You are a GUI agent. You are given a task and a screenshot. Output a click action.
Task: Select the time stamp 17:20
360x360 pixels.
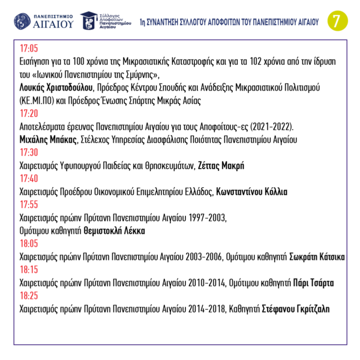[29, 113]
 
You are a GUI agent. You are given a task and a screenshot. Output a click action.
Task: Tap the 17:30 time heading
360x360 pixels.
[29, 152]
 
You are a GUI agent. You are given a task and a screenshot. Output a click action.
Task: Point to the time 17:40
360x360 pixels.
[29, 178]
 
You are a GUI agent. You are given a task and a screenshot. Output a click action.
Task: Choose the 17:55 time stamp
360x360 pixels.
[29, 205]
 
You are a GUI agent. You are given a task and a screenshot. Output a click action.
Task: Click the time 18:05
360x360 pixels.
[29, 244]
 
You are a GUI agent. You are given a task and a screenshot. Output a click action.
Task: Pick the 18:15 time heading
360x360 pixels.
[29, 270]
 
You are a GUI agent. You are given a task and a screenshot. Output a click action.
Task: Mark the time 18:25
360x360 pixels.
[29, 296]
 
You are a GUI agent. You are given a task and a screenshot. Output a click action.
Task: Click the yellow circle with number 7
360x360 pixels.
[336, 20]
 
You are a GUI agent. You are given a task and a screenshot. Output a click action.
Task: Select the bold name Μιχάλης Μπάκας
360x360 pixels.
[49, 139]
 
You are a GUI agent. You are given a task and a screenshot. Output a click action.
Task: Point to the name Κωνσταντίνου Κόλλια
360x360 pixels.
[251, 192]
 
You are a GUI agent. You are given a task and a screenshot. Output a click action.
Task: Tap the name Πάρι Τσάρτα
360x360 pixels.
[313, 283]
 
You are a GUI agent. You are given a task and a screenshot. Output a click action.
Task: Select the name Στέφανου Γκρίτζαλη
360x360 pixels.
[295, 309]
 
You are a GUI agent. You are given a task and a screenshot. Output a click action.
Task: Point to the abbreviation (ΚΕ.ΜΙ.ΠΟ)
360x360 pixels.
[40, 100]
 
